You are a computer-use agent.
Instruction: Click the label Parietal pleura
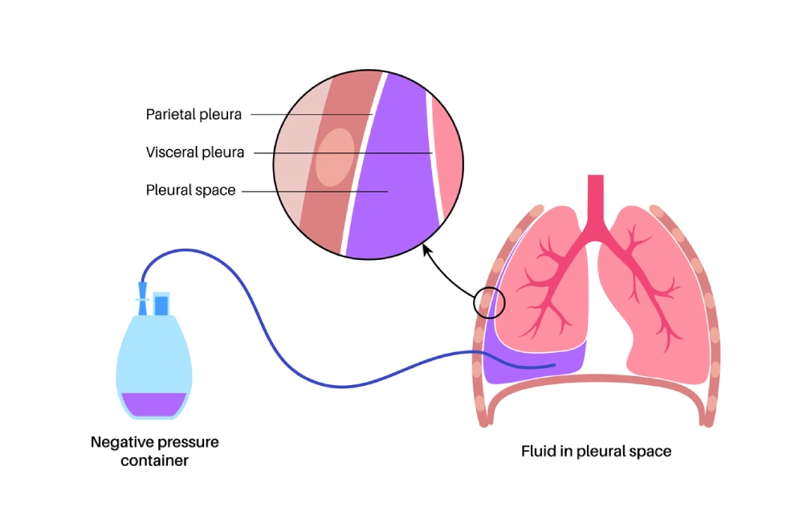pyautogui.click(x=194, y=114)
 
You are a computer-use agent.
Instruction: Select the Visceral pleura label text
pyautogui.click(x=195, y=152)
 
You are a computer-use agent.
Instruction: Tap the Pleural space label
pyautogui.click(x=190, y=190)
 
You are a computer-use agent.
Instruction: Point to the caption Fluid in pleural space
pyautogui.click(x=597, y=451)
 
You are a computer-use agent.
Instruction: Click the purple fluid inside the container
pyautogui.click(x=153, y=403)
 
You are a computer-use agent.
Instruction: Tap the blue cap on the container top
pyautogui.click(x=161, y=305)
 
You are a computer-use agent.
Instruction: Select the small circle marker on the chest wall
pyautogui.click(x=489, y=302)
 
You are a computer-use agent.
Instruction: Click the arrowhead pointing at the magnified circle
pyautogui.click(x=426, y=249)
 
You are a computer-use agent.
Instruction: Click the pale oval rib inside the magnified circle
pyautogui.click(x=334, y=157)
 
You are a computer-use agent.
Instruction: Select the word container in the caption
pyautogui.click(x=154, y=460)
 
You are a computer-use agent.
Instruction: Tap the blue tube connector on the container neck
pyautogui.click(x=143, y=294)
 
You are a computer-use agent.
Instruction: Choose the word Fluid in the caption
pyautogui.click(x=537, y=451)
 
